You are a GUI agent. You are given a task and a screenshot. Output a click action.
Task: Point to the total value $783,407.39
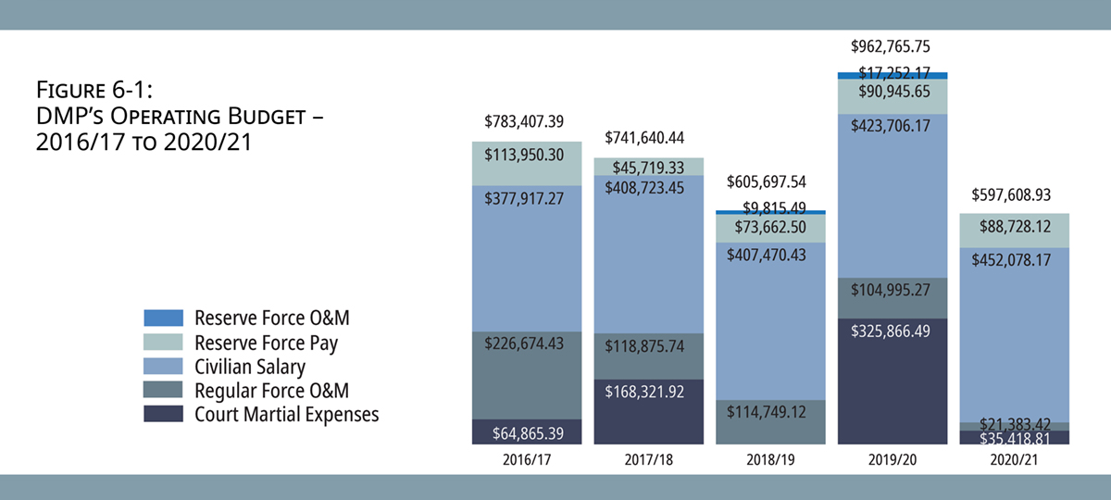click(526, 122)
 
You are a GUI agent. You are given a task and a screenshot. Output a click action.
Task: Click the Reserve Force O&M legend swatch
click(164, 319)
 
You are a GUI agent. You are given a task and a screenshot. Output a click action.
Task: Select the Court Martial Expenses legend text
click(286, 415)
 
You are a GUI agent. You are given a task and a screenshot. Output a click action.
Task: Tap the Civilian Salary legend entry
click(249, 367)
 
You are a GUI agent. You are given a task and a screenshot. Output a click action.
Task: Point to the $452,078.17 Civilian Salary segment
click(1014, 333)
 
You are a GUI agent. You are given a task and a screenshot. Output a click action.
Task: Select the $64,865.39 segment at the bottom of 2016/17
click(526, 432)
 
